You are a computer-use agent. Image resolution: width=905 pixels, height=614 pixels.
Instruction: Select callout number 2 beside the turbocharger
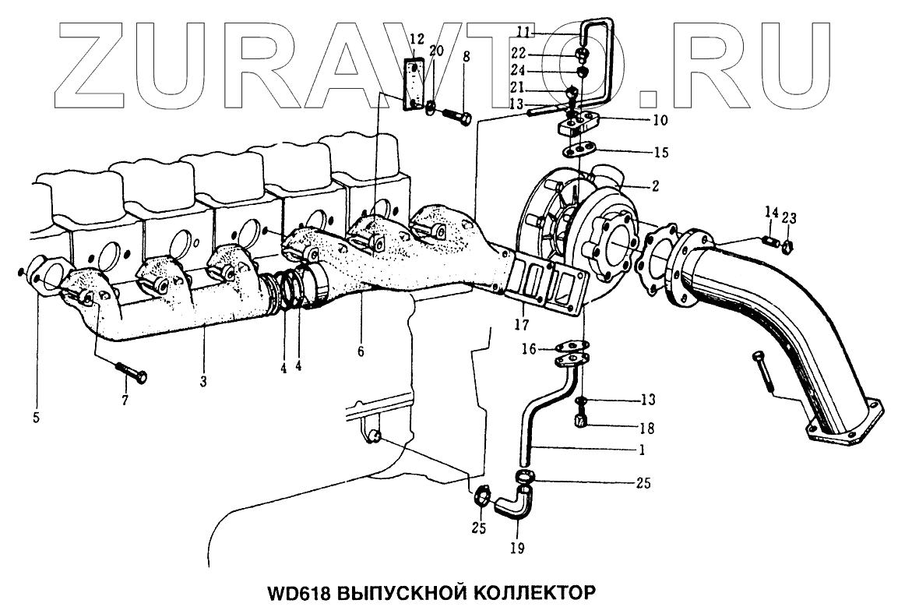(x=656, y=186)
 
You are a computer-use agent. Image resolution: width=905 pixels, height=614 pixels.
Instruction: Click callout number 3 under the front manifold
(x=202, y=381)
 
